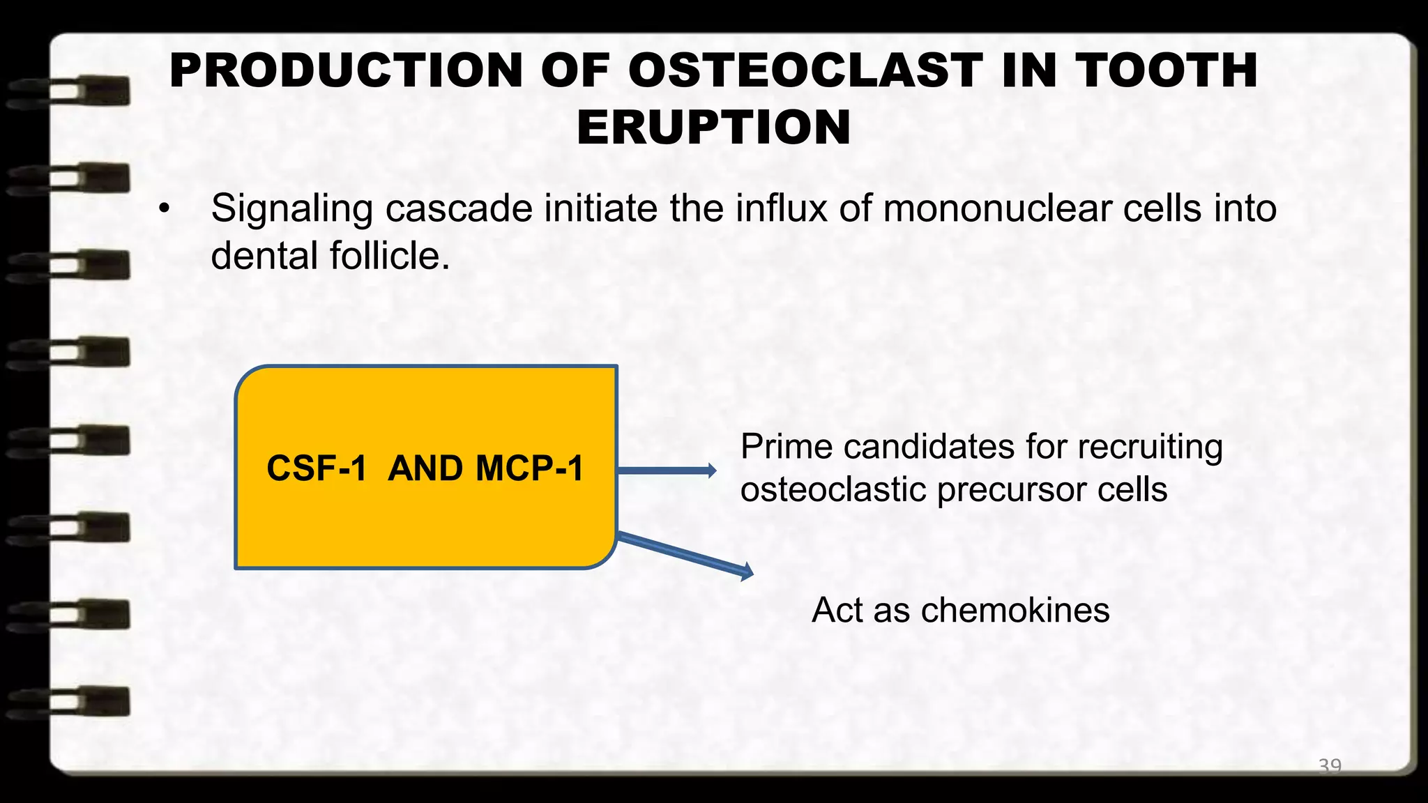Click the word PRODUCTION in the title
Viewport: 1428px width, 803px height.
pos(346,70)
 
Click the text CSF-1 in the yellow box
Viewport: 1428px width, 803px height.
pos(317,468)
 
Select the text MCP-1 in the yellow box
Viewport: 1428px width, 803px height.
pos(529,468)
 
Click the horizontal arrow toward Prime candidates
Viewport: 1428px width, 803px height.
pos(667,471)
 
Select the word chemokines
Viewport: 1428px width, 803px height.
pos(1015,610)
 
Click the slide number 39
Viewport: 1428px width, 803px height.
pos(1329,765)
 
